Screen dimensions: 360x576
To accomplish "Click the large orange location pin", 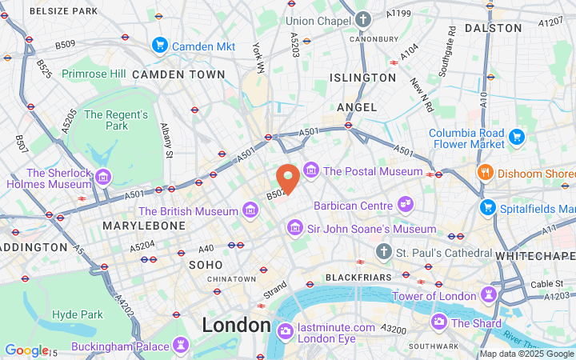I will click(288, 177).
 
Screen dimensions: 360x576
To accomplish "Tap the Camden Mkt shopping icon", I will click(160, 46).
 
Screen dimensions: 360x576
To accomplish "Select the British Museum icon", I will click(251, 211).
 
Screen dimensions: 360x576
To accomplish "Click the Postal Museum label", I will click(373, 171).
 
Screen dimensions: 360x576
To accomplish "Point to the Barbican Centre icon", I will click(406, 205).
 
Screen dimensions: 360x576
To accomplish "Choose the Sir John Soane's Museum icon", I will click(295, 230).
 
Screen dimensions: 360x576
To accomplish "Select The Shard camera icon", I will click(438, 323).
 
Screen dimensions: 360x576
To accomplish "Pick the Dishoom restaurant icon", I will click(485, 173).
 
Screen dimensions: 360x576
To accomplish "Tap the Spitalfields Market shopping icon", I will click(486, 207).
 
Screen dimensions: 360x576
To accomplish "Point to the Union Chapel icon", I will click(365, 20).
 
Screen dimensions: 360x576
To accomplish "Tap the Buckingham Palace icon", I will click(182, 346).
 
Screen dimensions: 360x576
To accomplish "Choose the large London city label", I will click(236, 325).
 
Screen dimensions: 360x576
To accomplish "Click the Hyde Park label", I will click(78, 314).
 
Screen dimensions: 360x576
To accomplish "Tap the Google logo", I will click(26, 350).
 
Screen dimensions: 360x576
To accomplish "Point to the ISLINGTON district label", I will click(362, 78).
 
